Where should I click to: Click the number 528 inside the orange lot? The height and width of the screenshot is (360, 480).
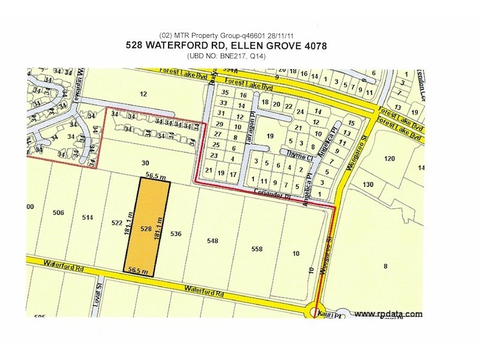coord(145,229)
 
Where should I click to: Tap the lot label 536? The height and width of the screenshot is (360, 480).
coord(175,233)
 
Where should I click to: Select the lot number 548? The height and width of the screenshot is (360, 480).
coord(212,241)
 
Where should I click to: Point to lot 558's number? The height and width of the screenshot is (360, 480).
coord(257,248)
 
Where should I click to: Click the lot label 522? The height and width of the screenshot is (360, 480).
coord(117,223)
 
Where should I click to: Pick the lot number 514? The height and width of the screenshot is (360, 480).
coord(88,218)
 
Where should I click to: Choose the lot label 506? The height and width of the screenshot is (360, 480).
coord(58,213)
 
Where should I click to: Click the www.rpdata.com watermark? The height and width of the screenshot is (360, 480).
coord(388,314)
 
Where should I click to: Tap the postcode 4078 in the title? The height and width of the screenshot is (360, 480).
coord(313,46)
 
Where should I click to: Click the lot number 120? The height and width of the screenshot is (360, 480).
coord(389,158)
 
